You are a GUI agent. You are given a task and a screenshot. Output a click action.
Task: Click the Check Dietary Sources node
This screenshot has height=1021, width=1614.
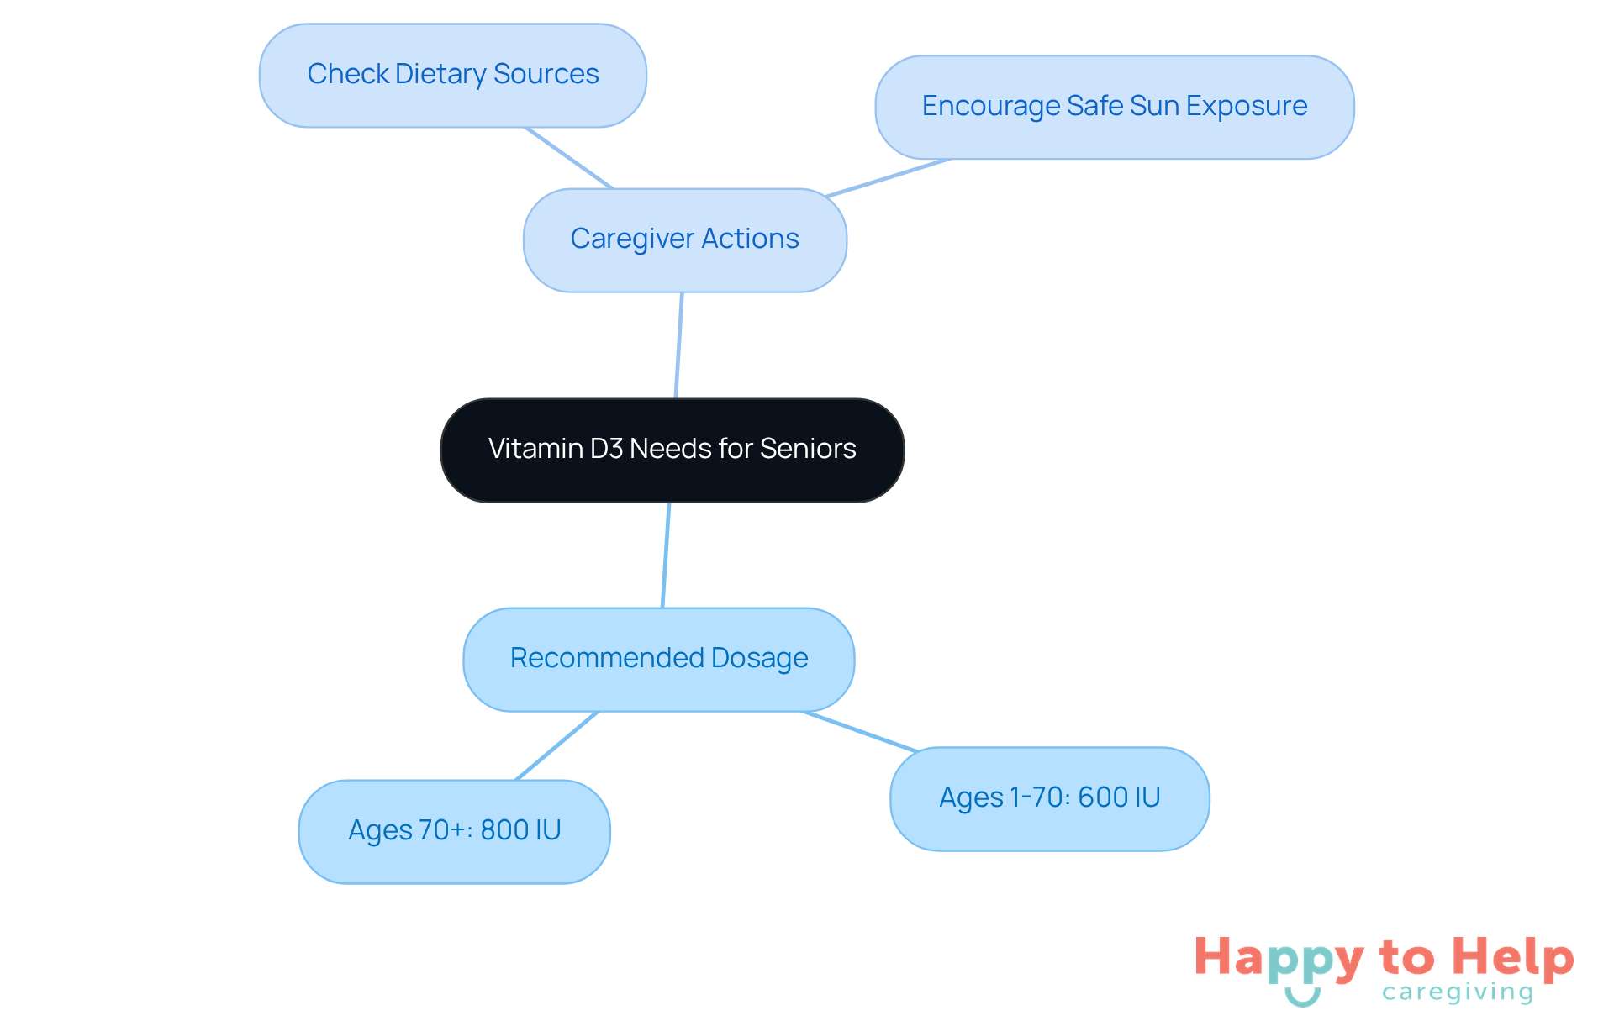pyautogui.click(x=452, y=76)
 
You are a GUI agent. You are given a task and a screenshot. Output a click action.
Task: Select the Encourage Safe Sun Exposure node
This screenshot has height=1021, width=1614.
pyautogui.click(x=1114, y=107)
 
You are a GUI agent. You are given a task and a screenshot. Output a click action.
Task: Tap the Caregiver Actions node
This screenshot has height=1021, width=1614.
pyautogui.click(x=684, y=239)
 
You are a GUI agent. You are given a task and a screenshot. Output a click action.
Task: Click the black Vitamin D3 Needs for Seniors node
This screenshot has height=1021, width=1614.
pyautogui.click(x=672, y=450)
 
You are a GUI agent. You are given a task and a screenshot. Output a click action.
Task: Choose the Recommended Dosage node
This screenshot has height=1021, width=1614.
pyautogui.click(x=658, y=659)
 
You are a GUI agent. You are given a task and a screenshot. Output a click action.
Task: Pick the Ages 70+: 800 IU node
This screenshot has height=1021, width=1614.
pyautogui.click(x=454, y=831)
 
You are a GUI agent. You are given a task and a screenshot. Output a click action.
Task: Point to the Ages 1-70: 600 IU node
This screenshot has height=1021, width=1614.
pyautogui.click(x=1049, y=798)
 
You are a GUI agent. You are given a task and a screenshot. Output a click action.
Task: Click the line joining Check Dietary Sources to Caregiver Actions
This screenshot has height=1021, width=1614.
pyautogui.click(x=569, y=158)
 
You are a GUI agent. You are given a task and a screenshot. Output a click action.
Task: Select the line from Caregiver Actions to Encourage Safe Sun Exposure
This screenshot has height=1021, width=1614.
pyautogui.click(x=888, y=178)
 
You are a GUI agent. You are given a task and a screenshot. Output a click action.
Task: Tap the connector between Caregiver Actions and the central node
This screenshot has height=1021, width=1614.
pyautogui.click(x=679, y=345)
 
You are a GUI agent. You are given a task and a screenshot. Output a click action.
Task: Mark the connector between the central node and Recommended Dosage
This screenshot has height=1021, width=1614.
pyautogui.click(x=666, y=555)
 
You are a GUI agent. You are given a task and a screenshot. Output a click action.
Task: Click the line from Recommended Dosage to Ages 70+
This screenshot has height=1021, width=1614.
pyautogui.click(x=556, y=745)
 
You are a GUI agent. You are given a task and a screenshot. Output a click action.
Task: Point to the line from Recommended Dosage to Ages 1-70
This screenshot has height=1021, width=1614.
pyautogui.click(x=860, y=731)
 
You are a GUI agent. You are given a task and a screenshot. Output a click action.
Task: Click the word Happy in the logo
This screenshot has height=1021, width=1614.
pyautogui.click(x=1279, y=958)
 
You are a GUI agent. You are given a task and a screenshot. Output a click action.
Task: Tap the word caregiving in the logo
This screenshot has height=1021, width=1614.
pyautogui.click(x=1458, y=992)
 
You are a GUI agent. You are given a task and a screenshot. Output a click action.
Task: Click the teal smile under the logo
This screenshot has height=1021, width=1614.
pyautogui.click(x=1302, y=997)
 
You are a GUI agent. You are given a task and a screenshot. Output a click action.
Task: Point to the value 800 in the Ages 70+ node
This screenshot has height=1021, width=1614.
pyautogui.click(x=504, y=830)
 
